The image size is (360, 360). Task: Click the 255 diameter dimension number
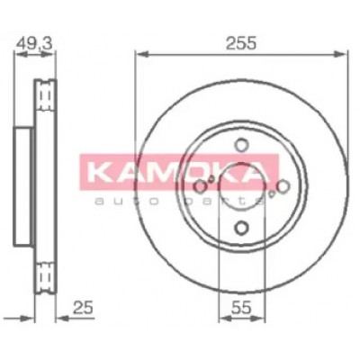click(x=241, y=43)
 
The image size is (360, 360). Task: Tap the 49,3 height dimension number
click(x=34, y=43)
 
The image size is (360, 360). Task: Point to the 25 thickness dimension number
click(x=83, y=308)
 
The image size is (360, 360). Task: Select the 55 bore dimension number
click(x=241, y=308)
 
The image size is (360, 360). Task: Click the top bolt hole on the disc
click(x=241, y=145)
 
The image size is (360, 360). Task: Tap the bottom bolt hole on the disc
click(x=241, y=228)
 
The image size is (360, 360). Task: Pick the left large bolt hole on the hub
click(x=200, y=186)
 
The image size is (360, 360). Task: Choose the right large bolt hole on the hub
click(x=283, y=186)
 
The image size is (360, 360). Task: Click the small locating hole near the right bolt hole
click(x=272, y=193)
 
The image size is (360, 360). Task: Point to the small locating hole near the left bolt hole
click(x=211, y=179)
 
